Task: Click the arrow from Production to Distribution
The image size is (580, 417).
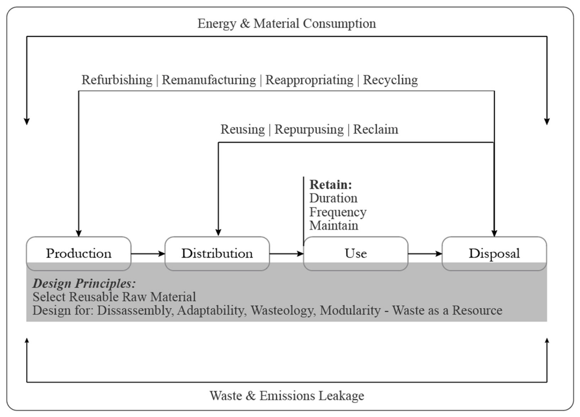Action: [x=148, y=254]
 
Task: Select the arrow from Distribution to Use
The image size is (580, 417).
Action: [x=286, y=254]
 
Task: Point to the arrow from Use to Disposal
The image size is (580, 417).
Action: [x=425, y=254]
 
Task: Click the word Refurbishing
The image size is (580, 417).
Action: [x=117, y=80]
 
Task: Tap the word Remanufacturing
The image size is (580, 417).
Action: [x=209, y=80]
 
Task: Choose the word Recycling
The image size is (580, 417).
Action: [x=390, y=80]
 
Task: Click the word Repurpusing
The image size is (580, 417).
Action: [x=309, y=129]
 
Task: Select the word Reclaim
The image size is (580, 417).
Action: [x=375, y=129]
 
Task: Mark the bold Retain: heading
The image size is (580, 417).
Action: [x=331, y=185]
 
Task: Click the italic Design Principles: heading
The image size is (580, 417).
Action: [x=84, y=283]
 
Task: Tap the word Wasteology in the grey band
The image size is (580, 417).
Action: [x=283, y=310]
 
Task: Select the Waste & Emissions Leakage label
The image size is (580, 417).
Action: [x=287, y=396]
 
